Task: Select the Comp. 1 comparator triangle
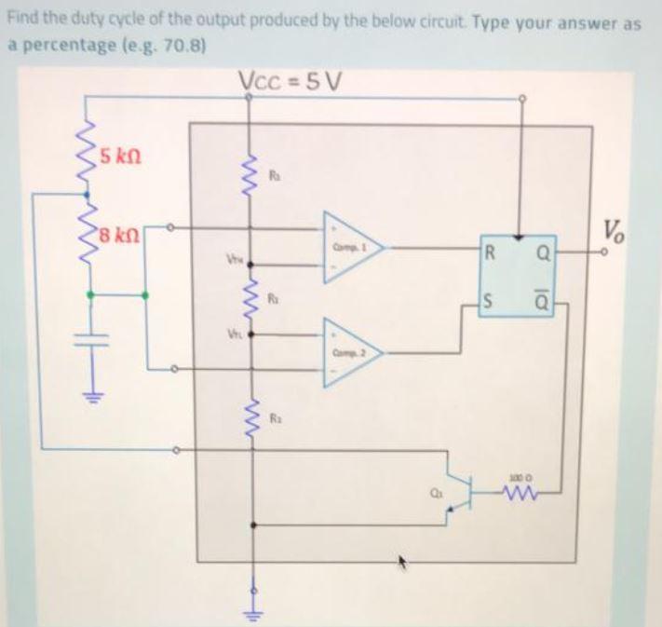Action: click(x=355, y=247)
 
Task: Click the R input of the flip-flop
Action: click(x=491, y=249)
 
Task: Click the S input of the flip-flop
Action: click(x=491, y=301)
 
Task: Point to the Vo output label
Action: click(x=614, y=228)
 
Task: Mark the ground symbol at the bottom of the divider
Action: click(x=250, y=607)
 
